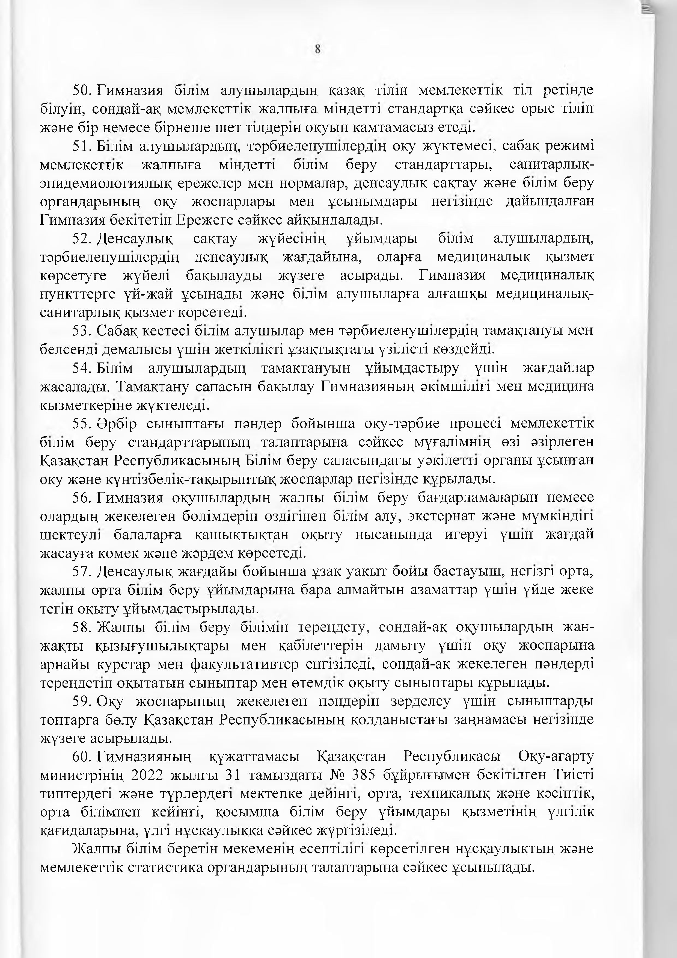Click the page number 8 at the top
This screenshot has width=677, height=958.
318,50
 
